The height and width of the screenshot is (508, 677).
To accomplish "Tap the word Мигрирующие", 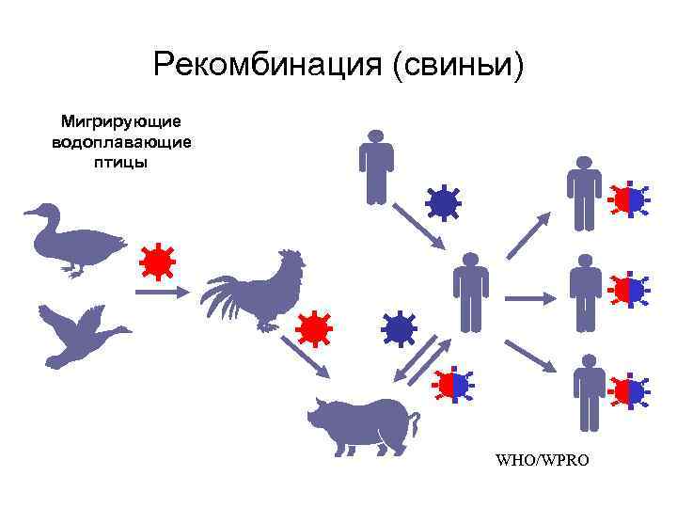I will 121,122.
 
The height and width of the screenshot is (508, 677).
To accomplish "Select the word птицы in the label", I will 121,162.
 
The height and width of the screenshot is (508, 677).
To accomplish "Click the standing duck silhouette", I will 75,239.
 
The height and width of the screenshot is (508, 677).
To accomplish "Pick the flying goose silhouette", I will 80,335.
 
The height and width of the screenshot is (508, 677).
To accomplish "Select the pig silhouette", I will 362,424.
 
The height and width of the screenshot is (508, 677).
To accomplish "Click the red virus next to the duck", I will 156,262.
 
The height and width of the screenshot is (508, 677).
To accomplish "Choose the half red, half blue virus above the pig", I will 452,384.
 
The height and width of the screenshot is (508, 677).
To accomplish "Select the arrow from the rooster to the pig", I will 307,357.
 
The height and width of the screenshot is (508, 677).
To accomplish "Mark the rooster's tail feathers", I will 222,295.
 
